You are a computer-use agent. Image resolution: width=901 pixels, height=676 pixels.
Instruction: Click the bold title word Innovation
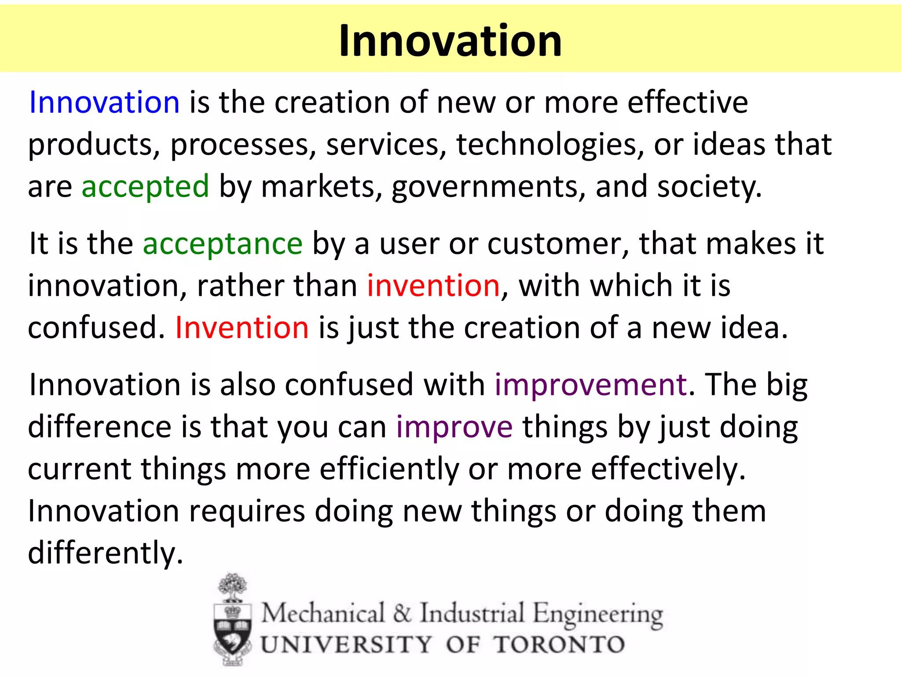point(450,40)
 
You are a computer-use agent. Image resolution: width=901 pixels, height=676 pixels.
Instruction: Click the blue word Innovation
point(104,102)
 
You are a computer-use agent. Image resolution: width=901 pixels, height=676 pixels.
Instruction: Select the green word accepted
point(145,187)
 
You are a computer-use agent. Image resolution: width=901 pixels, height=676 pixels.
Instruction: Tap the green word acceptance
point(223,243)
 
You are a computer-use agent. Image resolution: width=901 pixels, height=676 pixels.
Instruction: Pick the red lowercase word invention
point(433,286)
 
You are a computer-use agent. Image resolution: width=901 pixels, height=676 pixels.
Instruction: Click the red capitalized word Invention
point(242,328)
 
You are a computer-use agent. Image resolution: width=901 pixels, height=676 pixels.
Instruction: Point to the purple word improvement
point(591,385)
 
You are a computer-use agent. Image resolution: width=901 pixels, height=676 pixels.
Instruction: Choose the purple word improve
point(454,427)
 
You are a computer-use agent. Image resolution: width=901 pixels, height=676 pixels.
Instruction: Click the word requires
point(247,511)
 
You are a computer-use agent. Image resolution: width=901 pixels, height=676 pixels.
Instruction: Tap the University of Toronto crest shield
point(232,629)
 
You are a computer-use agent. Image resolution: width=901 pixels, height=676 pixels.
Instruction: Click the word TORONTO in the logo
point(559,645)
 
